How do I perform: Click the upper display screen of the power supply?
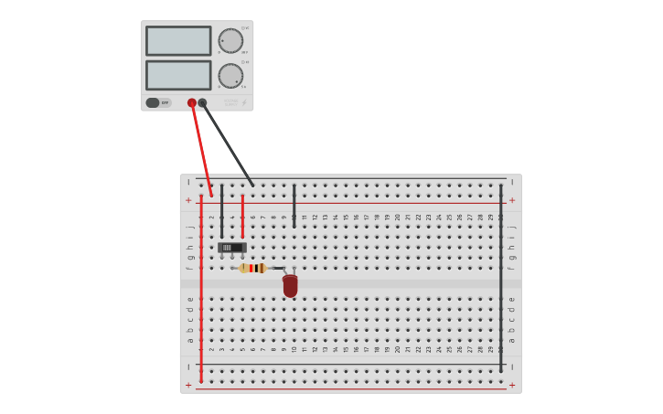(178, 40)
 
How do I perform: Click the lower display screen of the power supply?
(178, 75)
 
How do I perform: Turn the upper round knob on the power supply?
(230, 41)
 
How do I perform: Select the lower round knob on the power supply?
(230, 76)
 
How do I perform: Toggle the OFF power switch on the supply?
(154, 102)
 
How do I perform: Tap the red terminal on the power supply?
(192, 103)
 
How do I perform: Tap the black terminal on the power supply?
(203, 103)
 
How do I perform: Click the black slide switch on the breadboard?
(232, 248)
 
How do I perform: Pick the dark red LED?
(290, 286)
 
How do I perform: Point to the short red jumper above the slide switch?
(242, 216)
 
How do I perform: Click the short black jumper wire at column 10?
(294, 205)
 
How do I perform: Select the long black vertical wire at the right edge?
(500, 274)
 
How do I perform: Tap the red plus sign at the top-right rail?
(512, 200)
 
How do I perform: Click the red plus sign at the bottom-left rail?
(188, 385)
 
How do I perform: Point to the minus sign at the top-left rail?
(188, 182)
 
